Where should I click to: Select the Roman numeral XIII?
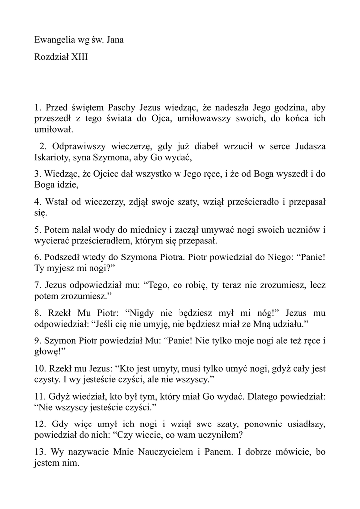pos(79,57)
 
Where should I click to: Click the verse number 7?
pos(37,285)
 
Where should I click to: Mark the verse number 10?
pos(40,369)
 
